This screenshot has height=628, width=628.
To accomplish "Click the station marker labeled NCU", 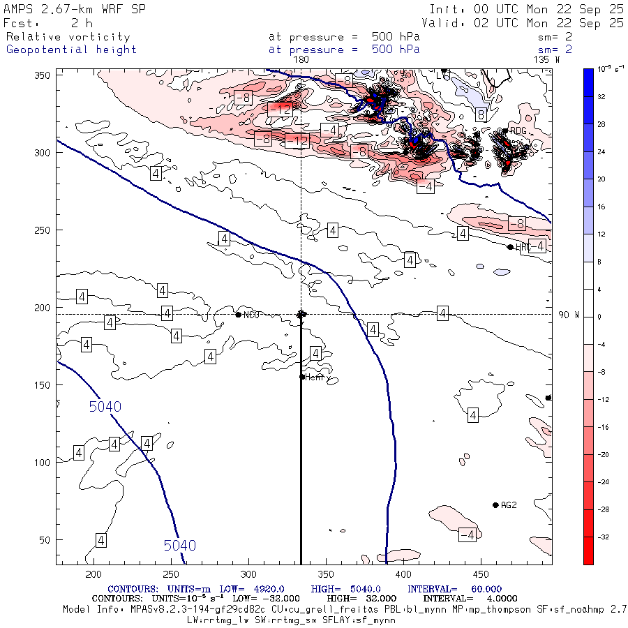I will (x=239, y=315).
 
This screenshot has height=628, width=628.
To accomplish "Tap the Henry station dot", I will (x=302, y=377).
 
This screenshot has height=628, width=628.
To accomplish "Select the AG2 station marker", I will (x=495, y=505).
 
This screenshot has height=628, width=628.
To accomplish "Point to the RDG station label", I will (x=518, y=130).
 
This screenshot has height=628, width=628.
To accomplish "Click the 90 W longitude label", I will (x=569, y=315).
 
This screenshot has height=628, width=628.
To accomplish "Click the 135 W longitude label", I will (x=546, y=59).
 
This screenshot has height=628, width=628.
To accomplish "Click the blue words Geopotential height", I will (x=71, y=50).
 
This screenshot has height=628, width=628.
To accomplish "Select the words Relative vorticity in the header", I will (x=68, y=37).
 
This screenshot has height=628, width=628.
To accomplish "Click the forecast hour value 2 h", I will (x=77, y=23).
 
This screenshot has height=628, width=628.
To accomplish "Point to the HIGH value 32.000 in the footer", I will (x=365, y=599).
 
